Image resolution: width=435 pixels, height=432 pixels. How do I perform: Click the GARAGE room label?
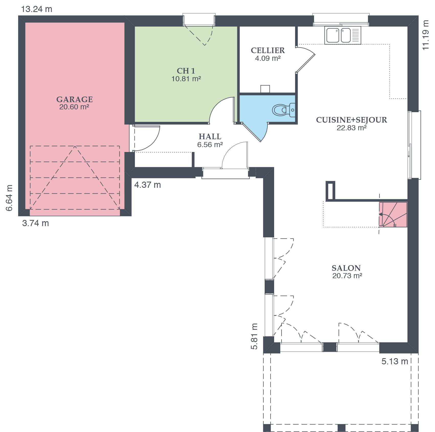tap(74, 99)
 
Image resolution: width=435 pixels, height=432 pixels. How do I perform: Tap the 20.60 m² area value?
tap(74, 107)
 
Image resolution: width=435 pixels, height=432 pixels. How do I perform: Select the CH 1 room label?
tap(186, 71)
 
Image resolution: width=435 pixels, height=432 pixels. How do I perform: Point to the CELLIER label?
tap(268, 50)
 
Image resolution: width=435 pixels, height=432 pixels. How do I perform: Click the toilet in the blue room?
tap(284, 110)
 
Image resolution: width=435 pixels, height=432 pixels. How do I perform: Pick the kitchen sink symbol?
tap(343, 35)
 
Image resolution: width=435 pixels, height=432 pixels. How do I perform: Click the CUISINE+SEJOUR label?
tap(352, 120)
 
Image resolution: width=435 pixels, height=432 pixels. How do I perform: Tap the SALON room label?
tap(346, 268)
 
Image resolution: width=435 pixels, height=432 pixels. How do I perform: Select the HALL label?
tap(210, 137)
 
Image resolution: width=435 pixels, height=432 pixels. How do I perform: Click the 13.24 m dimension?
tap(37, 9)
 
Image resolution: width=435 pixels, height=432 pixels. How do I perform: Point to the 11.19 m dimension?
tap(425, 35)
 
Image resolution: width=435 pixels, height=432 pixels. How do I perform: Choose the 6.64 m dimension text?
tap(9, 198)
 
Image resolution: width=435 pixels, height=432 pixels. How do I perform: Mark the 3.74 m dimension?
tap(36, 223)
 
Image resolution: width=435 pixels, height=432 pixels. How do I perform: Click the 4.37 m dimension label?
tap(148, 185)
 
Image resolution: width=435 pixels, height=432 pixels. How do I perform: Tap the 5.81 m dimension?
tap(254, 336)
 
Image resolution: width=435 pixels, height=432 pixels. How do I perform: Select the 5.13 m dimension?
tap(395, 361)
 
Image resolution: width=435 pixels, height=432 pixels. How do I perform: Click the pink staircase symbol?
tap(393, 215)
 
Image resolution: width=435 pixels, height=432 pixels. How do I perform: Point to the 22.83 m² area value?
tap(352, 128)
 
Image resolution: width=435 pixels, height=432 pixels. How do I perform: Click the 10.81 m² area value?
tap(186, 79)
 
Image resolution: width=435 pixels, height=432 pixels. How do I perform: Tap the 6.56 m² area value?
tap(210, 145)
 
